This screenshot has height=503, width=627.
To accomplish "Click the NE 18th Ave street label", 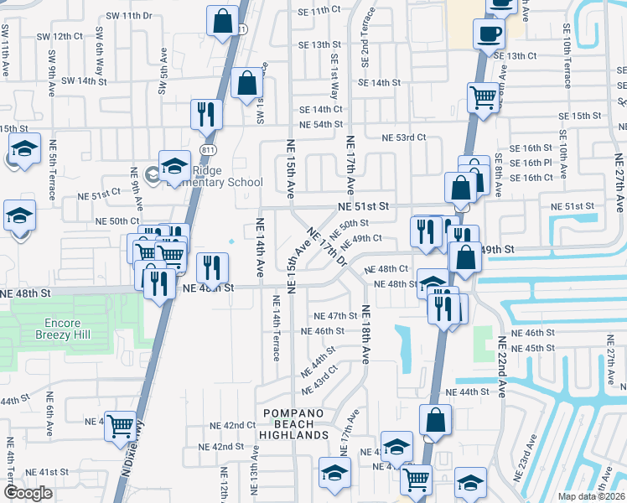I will point(365,334).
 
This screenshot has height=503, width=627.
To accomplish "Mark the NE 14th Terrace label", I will point(276,328).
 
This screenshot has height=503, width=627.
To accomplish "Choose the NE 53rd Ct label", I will point(404,137).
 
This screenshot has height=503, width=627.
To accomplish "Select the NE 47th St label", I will point(335,316).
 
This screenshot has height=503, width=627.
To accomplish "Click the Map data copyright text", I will point(592,496).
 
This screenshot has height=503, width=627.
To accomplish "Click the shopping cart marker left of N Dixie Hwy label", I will point(121,426).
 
